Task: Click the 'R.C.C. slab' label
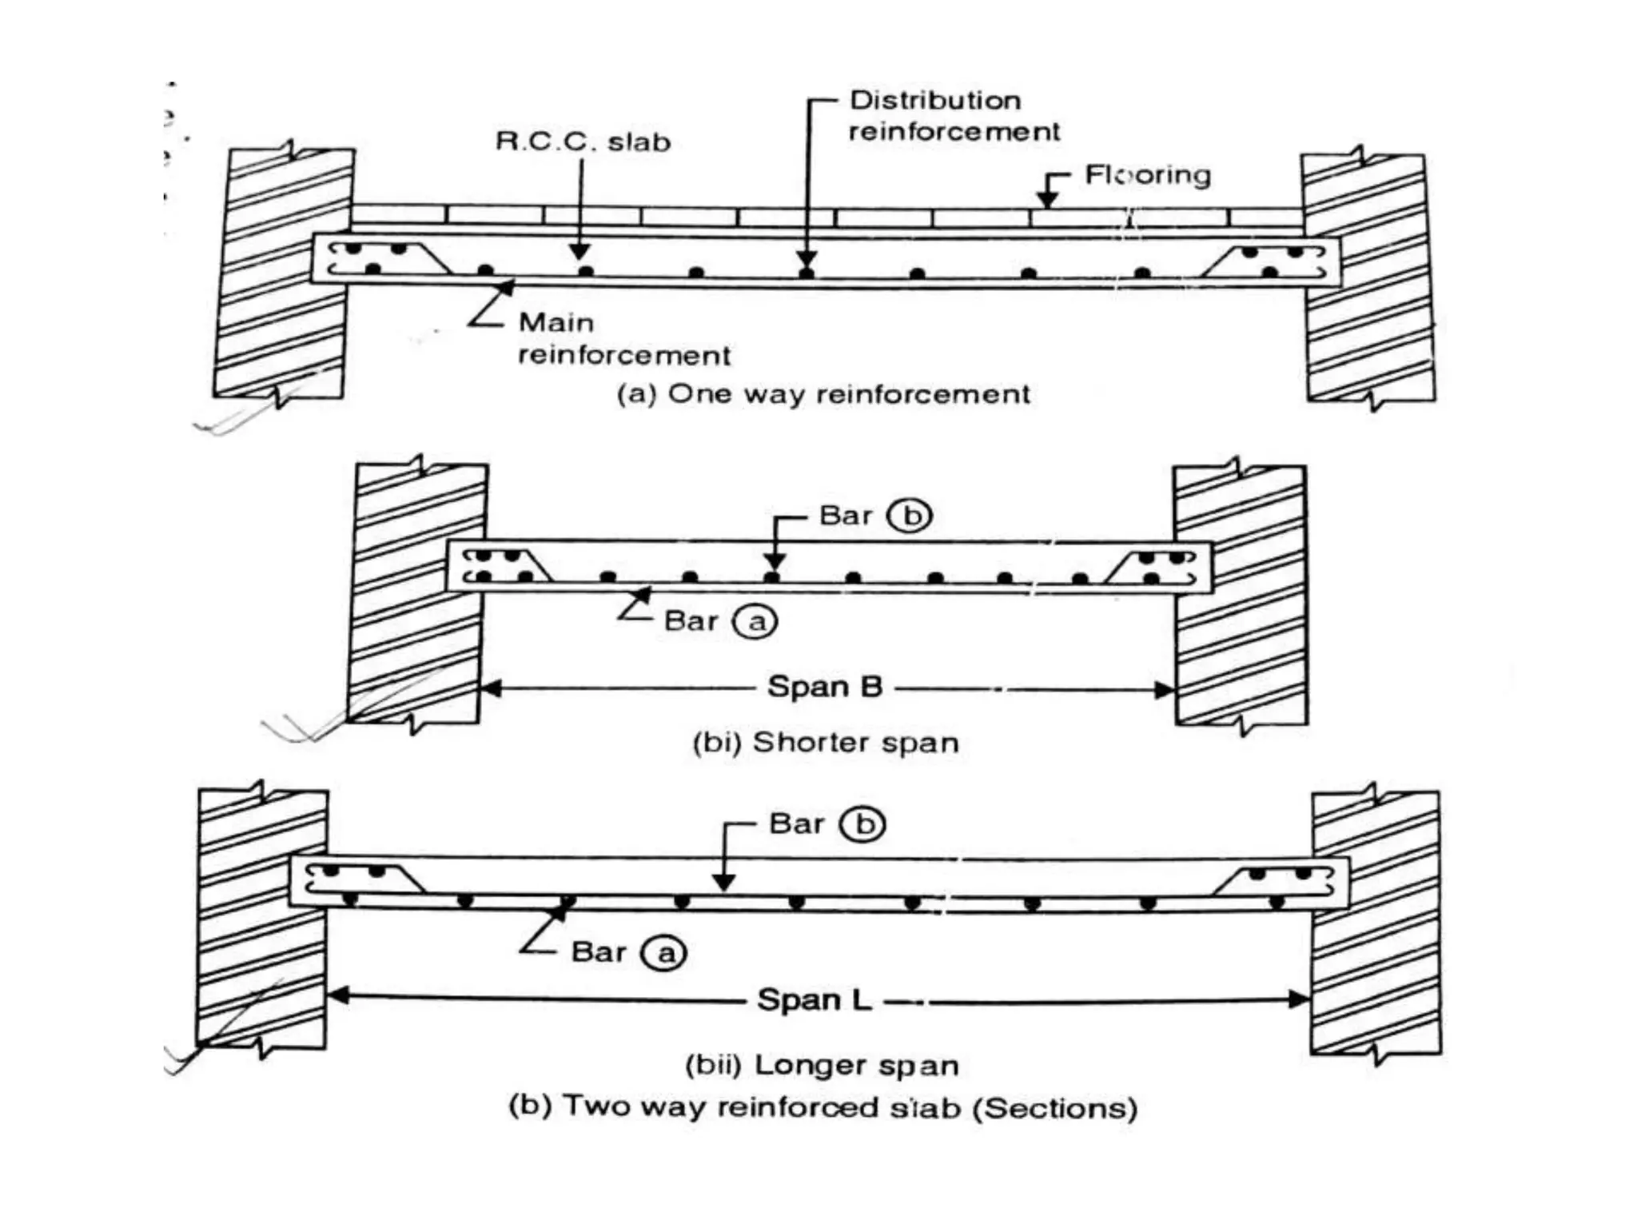[x=583, y=142]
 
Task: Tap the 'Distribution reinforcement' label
[x=954, y=116]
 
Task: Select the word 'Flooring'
[x=1147, y=175]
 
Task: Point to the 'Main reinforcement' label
[x=623, y=339]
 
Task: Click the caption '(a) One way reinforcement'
[x=823, y=394]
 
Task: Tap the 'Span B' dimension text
[x=824, y=687]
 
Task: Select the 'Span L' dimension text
[x=814, y=999]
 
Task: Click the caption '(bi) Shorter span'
[x=825, y=743]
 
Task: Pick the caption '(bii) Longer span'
[x=822, y=1066]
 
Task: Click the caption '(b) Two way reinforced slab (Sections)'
[x=822, y=1108]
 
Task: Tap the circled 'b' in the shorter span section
[x=912, y=516]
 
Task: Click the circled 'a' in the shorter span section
[x=755, y=621]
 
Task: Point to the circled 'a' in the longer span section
[x=665, y=953]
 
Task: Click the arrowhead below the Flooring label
[x=1047, y=200]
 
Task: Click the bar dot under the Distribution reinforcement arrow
[x=807, y=273]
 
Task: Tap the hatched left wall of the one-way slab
[x=284, y=272]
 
